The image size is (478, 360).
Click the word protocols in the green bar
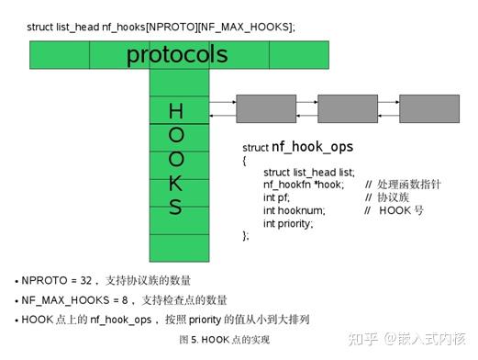pyautogui.click(x=176, y=55)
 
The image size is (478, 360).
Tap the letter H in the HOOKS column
pyautogui.click(x=175, y=112)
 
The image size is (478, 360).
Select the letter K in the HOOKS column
pyautogui.click(x=175, y=183)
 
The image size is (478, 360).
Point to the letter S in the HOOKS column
pyautogui.click(x=175, y=207)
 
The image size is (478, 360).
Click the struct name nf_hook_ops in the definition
pyautogui.click(x=312, y=147)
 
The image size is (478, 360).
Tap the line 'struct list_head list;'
pyautogui.click(x=308, y=172)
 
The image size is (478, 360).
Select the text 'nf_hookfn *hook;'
pyautogui.click(x=303, y=185)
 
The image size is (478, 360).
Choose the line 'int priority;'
pyautogui.click(x=288, y=223)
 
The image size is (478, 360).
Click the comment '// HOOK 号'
pyautogui.click(x=395, y=210)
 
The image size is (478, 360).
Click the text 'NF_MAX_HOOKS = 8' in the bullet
pyautogui.click(x=70, y=299)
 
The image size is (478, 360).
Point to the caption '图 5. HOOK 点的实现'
pyautogui.click(x=225, y=340)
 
